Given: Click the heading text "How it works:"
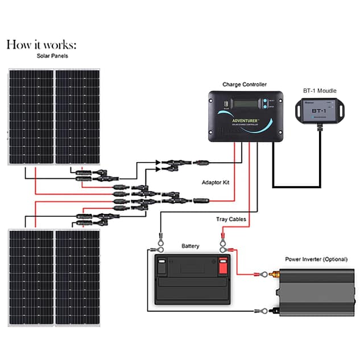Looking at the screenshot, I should [x=40, y=44].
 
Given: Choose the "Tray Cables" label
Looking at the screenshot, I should [x=230, y=219].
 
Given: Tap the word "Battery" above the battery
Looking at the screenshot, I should [x=190, y=246].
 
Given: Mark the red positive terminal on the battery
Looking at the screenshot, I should [x=222, y=266].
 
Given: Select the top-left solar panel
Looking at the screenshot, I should [x=31, y=117].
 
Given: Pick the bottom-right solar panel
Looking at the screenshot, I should [x=77, y=278].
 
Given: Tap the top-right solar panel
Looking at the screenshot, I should [x=77, y=117].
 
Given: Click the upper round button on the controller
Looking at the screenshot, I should [x=264, y=102].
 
